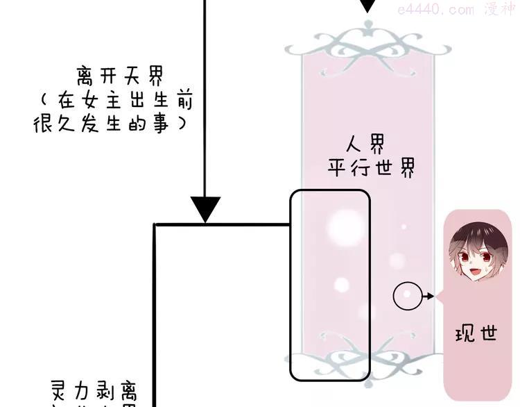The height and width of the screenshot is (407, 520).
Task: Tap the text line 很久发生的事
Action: pos(110,124)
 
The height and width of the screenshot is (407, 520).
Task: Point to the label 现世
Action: pos(476,333)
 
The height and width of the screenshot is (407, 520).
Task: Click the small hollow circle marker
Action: pos(407,297)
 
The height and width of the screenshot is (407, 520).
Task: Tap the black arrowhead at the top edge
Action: pos(368,6)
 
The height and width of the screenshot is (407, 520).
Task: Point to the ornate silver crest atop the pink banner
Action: pos(367,39)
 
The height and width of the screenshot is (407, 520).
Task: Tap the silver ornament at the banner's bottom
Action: pos(367,363)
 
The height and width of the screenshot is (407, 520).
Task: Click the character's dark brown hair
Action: pos(471,231)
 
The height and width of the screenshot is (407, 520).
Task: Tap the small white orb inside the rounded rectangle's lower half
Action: pos(341,284)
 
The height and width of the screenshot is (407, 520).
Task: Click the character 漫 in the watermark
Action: pos(491,10)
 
